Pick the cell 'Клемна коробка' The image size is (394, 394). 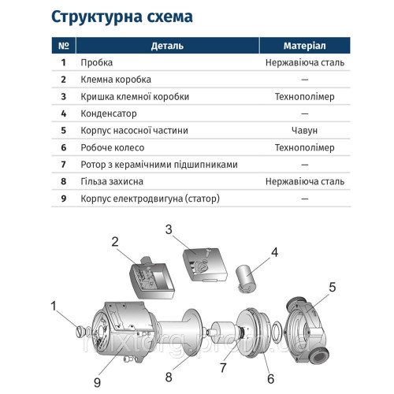(x=115, y=80)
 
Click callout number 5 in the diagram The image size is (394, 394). (x=332, y=287)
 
